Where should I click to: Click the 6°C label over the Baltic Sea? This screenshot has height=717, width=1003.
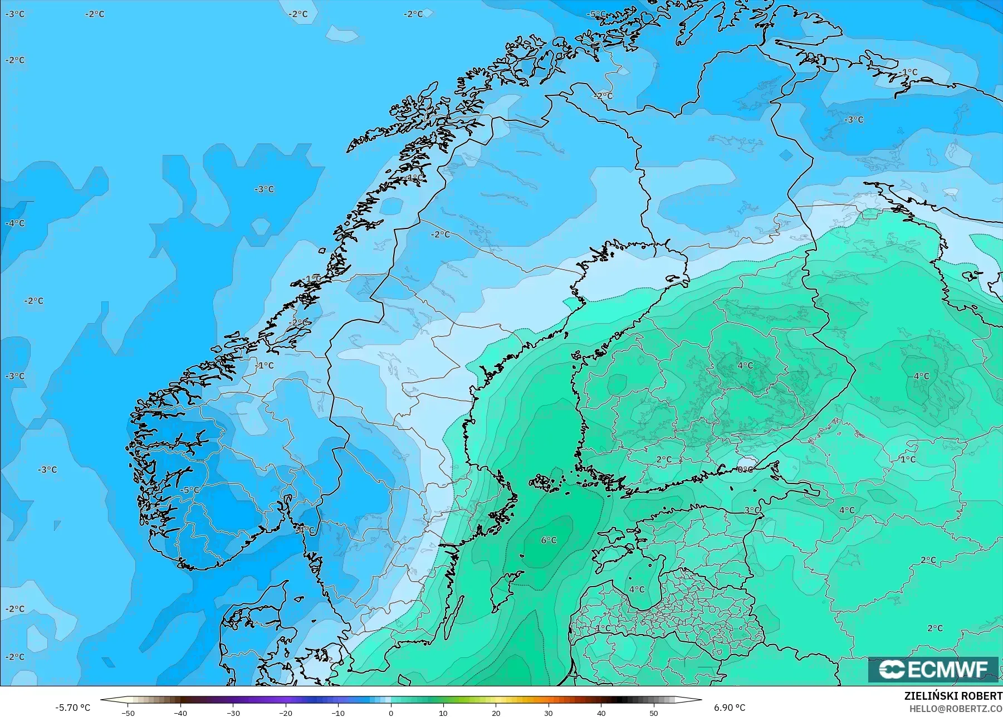pos(549,540)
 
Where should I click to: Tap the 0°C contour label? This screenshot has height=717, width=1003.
pos(745,470)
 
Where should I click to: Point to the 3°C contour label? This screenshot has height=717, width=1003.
pos(752,510)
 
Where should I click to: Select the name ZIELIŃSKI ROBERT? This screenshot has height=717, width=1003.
pos(953,696)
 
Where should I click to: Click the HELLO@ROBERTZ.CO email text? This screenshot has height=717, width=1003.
pos(956,709)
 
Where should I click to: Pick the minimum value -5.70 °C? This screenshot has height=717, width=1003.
pos(72,708)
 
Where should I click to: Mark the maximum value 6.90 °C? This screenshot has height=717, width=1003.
pos(729,708)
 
